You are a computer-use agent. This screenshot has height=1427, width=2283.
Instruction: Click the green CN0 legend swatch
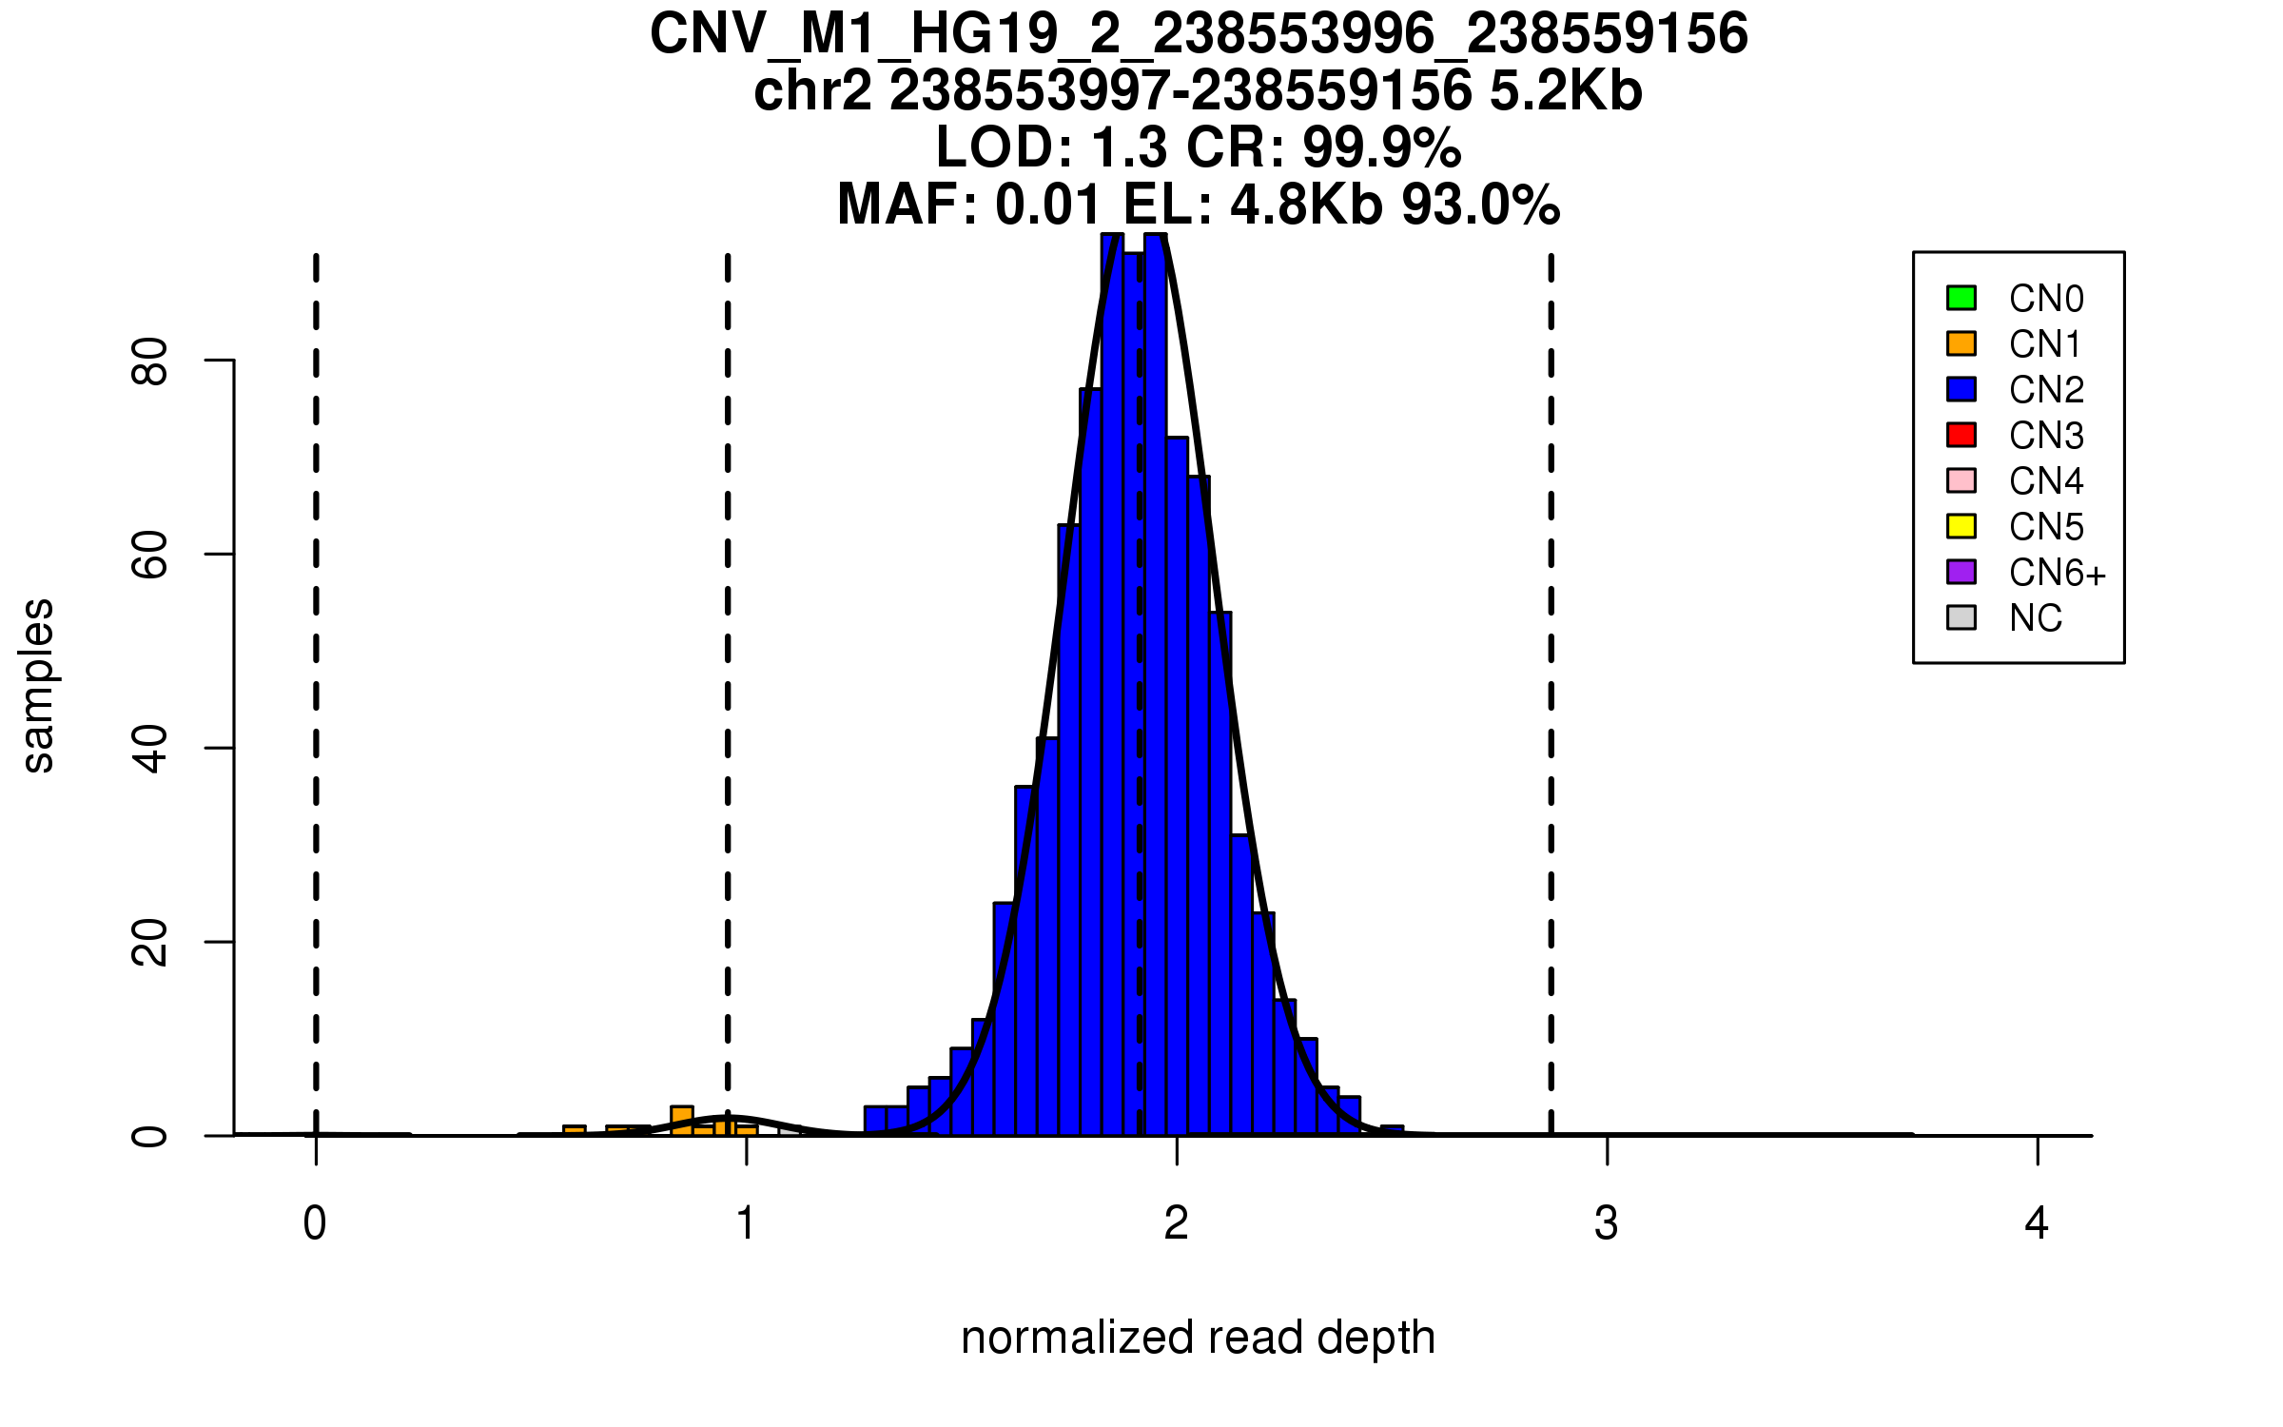click(1961, 298)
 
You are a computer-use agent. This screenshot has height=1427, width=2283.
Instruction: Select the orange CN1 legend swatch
click(1961, 343)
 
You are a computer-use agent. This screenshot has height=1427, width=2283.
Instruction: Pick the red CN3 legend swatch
click(1961, 435)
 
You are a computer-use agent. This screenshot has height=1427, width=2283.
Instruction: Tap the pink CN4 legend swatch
click(1961, 480)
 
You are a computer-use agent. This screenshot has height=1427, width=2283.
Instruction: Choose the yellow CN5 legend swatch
click(1961, 526)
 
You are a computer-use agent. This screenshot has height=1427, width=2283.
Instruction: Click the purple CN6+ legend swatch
click(1961, 572)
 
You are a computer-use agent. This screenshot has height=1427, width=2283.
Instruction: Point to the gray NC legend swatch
click(1961, 617)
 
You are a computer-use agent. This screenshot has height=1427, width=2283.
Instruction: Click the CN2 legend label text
click(2046, 390)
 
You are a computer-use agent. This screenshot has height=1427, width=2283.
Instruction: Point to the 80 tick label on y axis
click(150, 361)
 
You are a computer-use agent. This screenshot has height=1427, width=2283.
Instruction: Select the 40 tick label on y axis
click(150, 748)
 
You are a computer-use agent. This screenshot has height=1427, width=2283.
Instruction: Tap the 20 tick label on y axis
click(150, 942)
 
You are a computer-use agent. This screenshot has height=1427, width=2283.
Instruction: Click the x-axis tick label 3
click(1607, 1223)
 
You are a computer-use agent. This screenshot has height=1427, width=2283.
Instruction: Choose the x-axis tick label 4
click(2037, 1223)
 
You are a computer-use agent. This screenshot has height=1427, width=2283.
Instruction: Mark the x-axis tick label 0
click(315, 1223)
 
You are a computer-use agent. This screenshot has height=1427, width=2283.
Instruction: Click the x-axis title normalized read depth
click(1198, 1338)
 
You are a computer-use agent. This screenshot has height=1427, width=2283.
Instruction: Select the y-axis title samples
click(38, 686)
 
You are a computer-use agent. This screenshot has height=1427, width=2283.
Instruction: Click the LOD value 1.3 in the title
click(1129, 147)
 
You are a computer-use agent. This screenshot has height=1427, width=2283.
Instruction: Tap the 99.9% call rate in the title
click(1381, 147)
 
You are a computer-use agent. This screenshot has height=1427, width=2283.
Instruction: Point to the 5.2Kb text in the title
click(1566, 91)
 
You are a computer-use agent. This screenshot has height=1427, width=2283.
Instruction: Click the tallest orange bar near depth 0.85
click(682, 1121)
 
